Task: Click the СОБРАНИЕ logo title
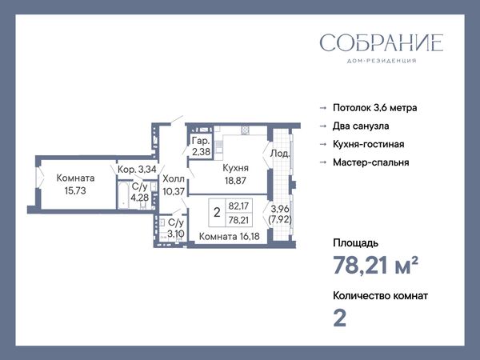382,42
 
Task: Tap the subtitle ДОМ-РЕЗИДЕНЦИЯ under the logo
382,61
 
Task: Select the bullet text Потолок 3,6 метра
375,108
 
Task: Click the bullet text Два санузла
361,126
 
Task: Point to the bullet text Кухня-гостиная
369,144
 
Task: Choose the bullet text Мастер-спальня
371,162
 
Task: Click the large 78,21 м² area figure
376,265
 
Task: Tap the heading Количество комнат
381,296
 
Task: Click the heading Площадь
356,243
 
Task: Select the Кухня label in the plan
235,168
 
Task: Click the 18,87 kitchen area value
235,181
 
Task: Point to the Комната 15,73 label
75,184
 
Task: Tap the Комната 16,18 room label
230,236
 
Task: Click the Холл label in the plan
174,178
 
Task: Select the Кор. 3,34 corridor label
137,170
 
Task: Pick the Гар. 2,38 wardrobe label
201,146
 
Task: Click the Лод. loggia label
279,154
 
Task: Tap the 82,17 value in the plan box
238,206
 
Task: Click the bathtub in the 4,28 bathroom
123,196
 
